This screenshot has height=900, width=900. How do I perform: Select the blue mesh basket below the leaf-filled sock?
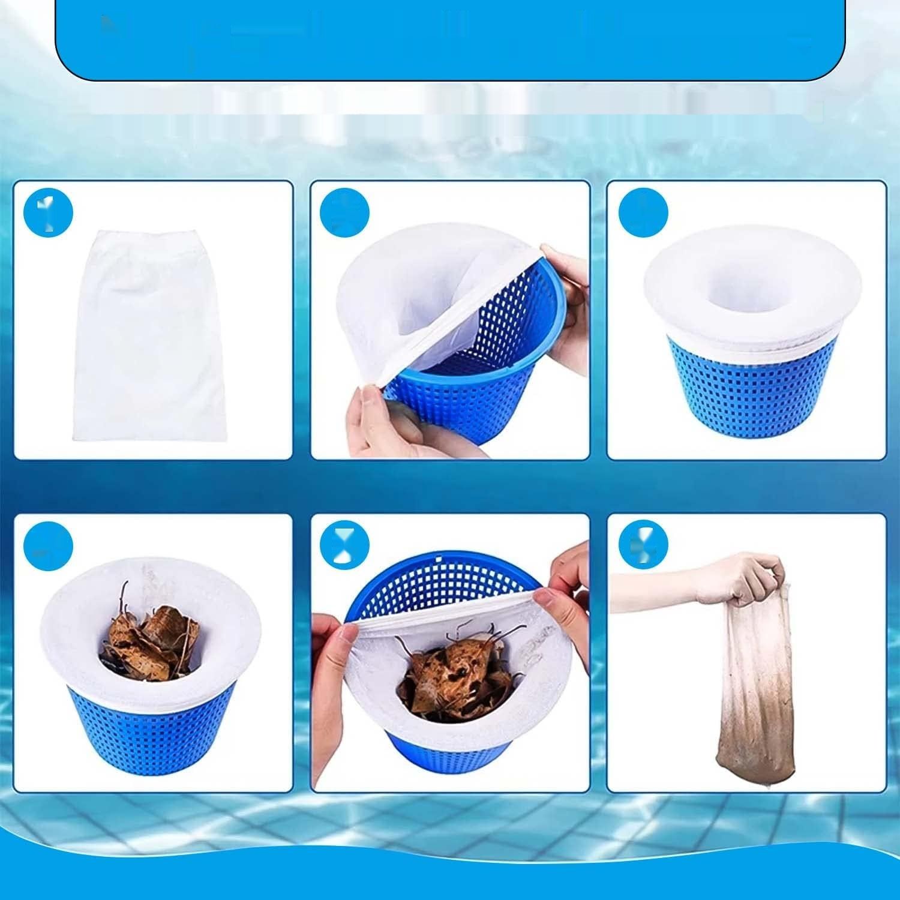[x=150, y=738]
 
